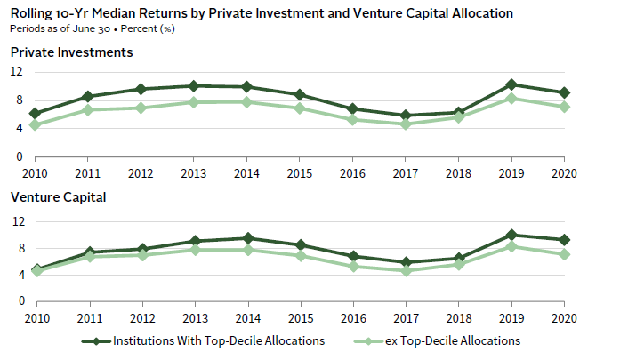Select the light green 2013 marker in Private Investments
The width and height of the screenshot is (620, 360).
coord(196,102)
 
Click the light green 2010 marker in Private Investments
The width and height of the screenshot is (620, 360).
coord(36,124)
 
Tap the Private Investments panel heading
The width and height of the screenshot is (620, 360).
coord(72,52)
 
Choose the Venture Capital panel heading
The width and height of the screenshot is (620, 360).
coord(57,196)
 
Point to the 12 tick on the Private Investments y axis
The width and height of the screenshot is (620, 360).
coord(18,74)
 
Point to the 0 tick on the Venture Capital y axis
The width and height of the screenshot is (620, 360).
coord(20,300)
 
